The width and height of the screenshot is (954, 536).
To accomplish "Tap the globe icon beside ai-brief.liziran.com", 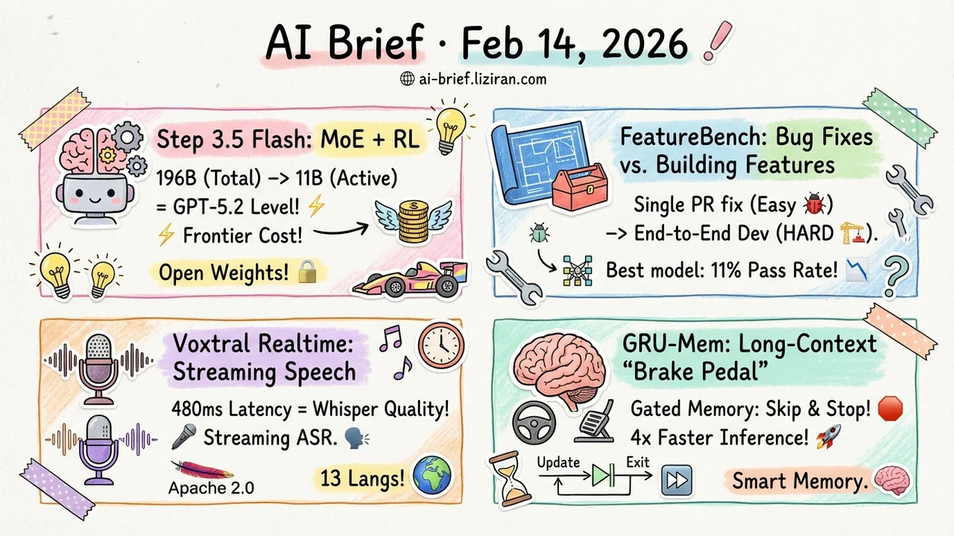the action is [408, 79].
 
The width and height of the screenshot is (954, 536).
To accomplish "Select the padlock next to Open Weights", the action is [308, 272].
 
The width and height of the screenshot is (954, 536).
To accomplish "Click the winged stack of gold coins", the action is [414, 221].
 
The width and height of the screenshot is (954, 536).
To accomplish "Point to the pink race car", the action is [411, 279].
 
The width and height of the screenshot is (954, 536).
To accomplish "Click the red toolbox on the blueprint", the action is [580, 189].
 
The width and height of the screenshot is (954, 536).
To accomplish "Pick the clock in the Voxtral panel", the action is [440, 345].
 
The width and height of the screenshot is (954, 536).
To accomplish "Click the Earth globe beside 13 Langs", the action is [432, 476].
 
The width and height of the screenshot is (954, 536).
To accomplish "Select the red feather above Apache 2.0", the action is [202, 470].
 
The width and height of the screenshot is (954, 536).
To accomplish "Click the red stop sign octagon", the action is [891, 409].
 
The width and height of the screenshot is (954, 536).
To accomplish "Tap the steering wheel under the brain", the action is [534, 423].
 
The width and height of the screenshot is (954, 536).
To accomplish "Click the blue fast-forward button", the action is [677, 480].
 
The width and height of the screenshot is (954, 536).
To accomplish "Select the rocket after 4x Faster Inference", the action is [828, 437].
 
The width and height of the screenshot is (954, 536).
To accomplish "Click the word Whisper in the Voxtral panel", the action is [345, 409].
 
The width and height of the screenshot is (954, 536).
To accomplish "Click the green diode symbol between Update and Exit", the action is [603, 475].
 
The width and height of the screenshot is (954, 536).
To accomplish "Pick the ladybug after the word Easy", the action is [814, 204].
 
